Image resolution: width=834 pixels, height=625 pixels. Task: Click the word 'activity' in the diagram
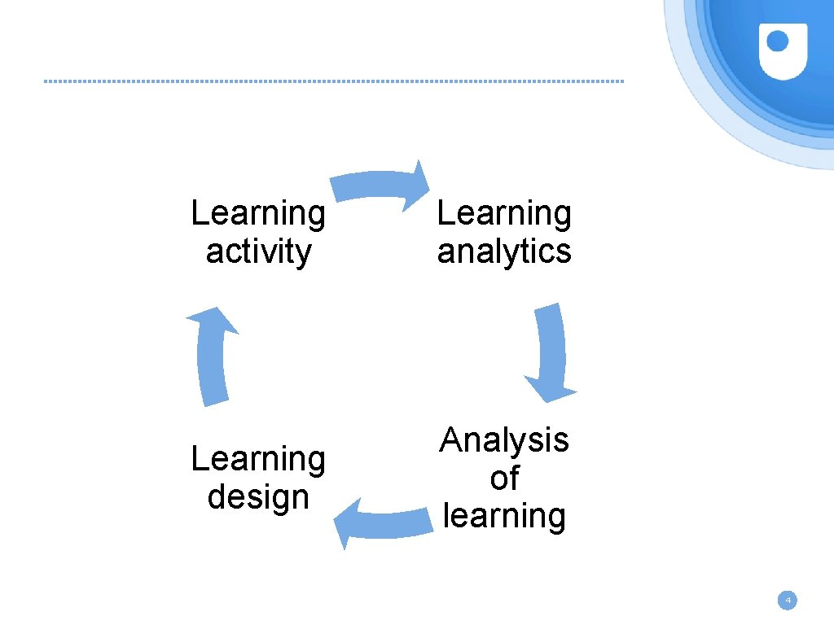tap(258, 252)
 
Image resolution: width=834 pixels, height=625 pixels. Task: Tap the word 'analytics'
tap(504, 252)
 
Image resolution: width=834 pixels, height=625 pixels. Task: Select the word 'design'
tap(258, 497)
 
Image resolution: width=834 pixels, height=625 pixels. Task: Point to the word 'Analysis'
tap(504, 440)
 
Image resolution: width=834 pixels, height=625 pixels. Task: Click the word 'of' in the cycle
tap(504, 479)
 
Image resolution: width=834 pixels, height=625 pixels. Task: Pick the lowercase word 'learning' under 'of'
tap(504, 516)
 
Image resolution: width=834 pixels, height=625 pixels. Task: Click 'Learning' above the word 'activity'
tap(258, 214)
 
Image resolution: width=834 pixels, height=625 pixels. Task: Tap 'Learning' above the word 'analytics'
tap(504, 214)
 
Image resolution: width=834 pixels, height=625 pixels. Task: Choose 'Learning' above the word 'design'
tap(258, 460)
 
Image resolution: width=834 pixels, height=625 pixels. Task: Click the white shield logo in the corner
tap(782, 50)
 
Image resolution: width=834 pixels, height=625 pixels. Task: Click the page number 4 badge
tap(787, 601)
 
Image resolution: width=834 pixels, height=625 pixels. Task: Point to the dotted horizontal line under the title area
tap(334, 81)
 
